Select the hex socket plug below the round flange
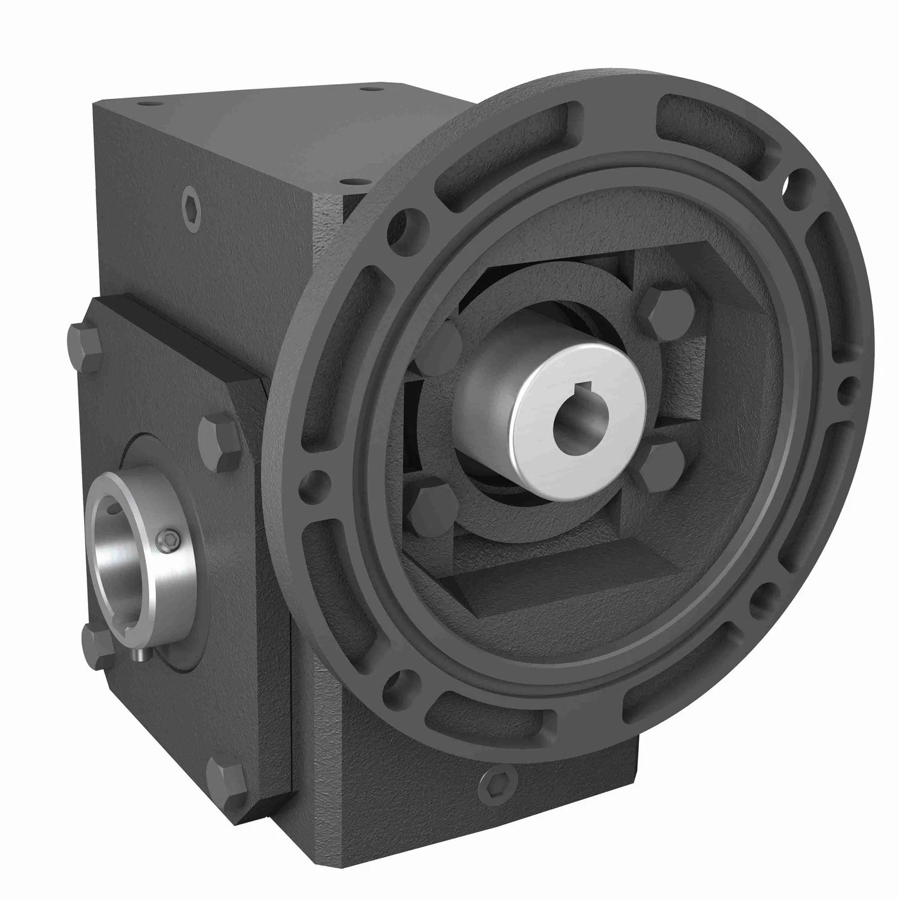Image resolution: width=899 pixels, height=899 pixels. [x=493, y=781]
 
